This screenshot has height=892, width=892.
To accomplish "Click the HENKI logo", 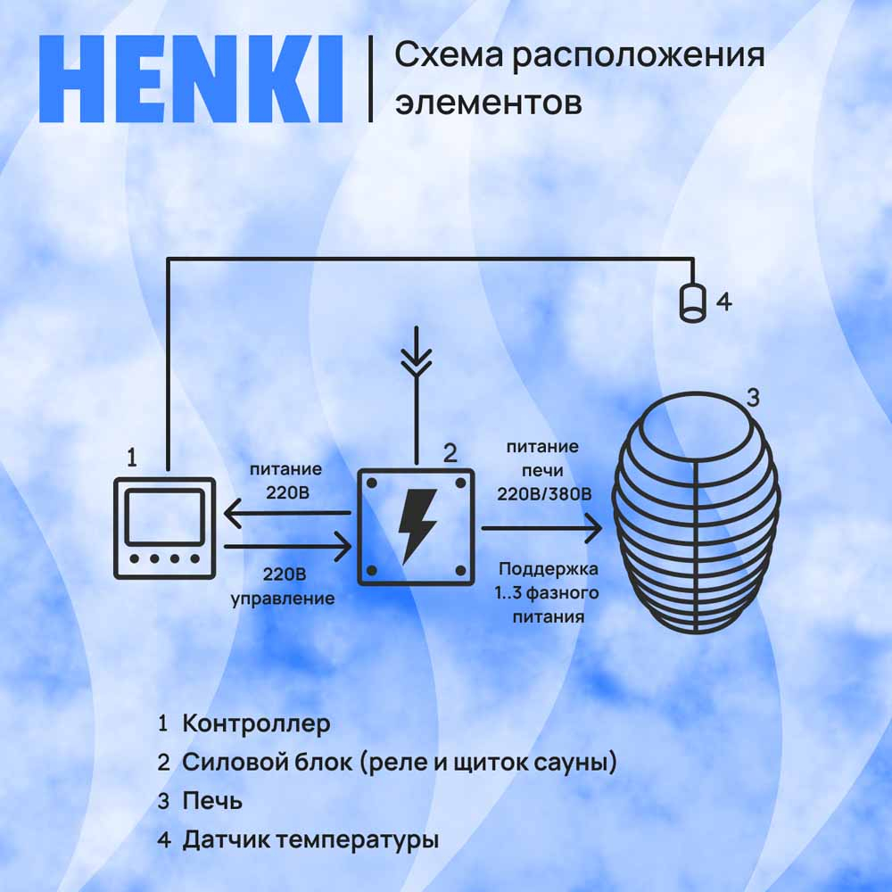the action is tap(191, 79).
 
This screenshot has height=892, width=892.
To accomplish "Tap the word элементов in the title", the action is tap(489, 103).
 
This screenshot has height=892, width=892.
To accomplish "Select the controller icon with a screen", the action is tap(164, 528).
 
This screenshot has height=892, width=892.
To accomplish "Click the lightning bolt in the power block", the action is tap(417, 527).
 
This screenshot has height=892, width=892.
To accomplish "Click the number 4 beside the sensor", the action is tap(723, 301).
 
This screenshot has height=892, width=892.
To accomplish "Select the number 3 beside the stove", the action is tap(753, 397).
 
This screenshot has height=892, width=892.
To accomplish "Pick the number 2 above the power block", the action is tap(450, 453).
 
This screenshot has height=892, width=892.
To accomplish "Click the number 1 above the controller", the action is tap(132, 458).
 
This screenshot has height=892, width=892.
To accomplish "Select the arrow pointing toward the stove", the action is tap(541, 528).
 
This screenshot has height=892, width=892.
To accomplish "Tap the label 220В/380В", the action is tap(544, 494).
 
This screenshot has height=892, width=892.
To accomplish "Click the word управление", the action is tap(283, 599).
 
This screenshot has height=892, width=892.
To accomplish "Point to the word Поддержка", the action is tap(549, 569).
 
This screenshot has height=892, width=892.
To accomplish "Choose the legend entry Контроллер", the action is tap(256, 723).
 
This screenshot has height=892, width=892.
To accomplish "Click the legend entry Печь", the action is tap(212, 801).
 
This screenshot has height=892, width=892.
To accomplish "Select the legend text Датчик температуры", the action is tap(310, 840).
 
